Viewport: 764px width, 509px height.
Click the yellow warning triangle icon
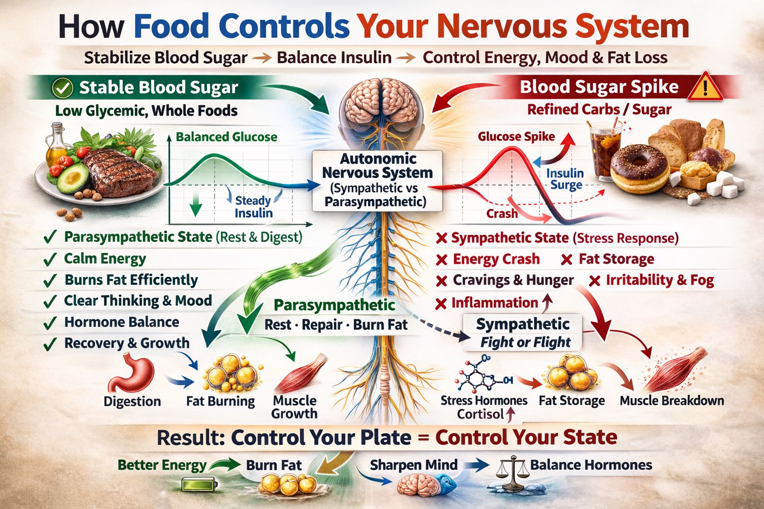(705, 87)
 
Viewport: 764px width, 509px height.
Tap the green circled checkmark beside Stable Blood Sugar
(63, 88)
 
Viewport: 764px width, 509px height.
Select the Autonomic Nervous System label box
(377, 180)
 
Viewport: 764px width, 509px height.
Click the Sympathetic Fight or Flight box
(522, 333)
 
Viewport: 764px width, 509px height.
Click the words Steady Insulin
(253, 207)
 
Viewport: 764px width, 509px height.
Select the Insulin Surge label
(565, 179)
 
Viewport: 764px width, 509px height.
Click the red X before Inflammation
(441, 303)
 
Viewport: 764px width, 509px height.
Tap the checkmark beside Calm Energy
(50, 259)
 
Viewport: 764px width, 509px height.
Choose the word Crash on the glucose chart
(502, 214)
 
